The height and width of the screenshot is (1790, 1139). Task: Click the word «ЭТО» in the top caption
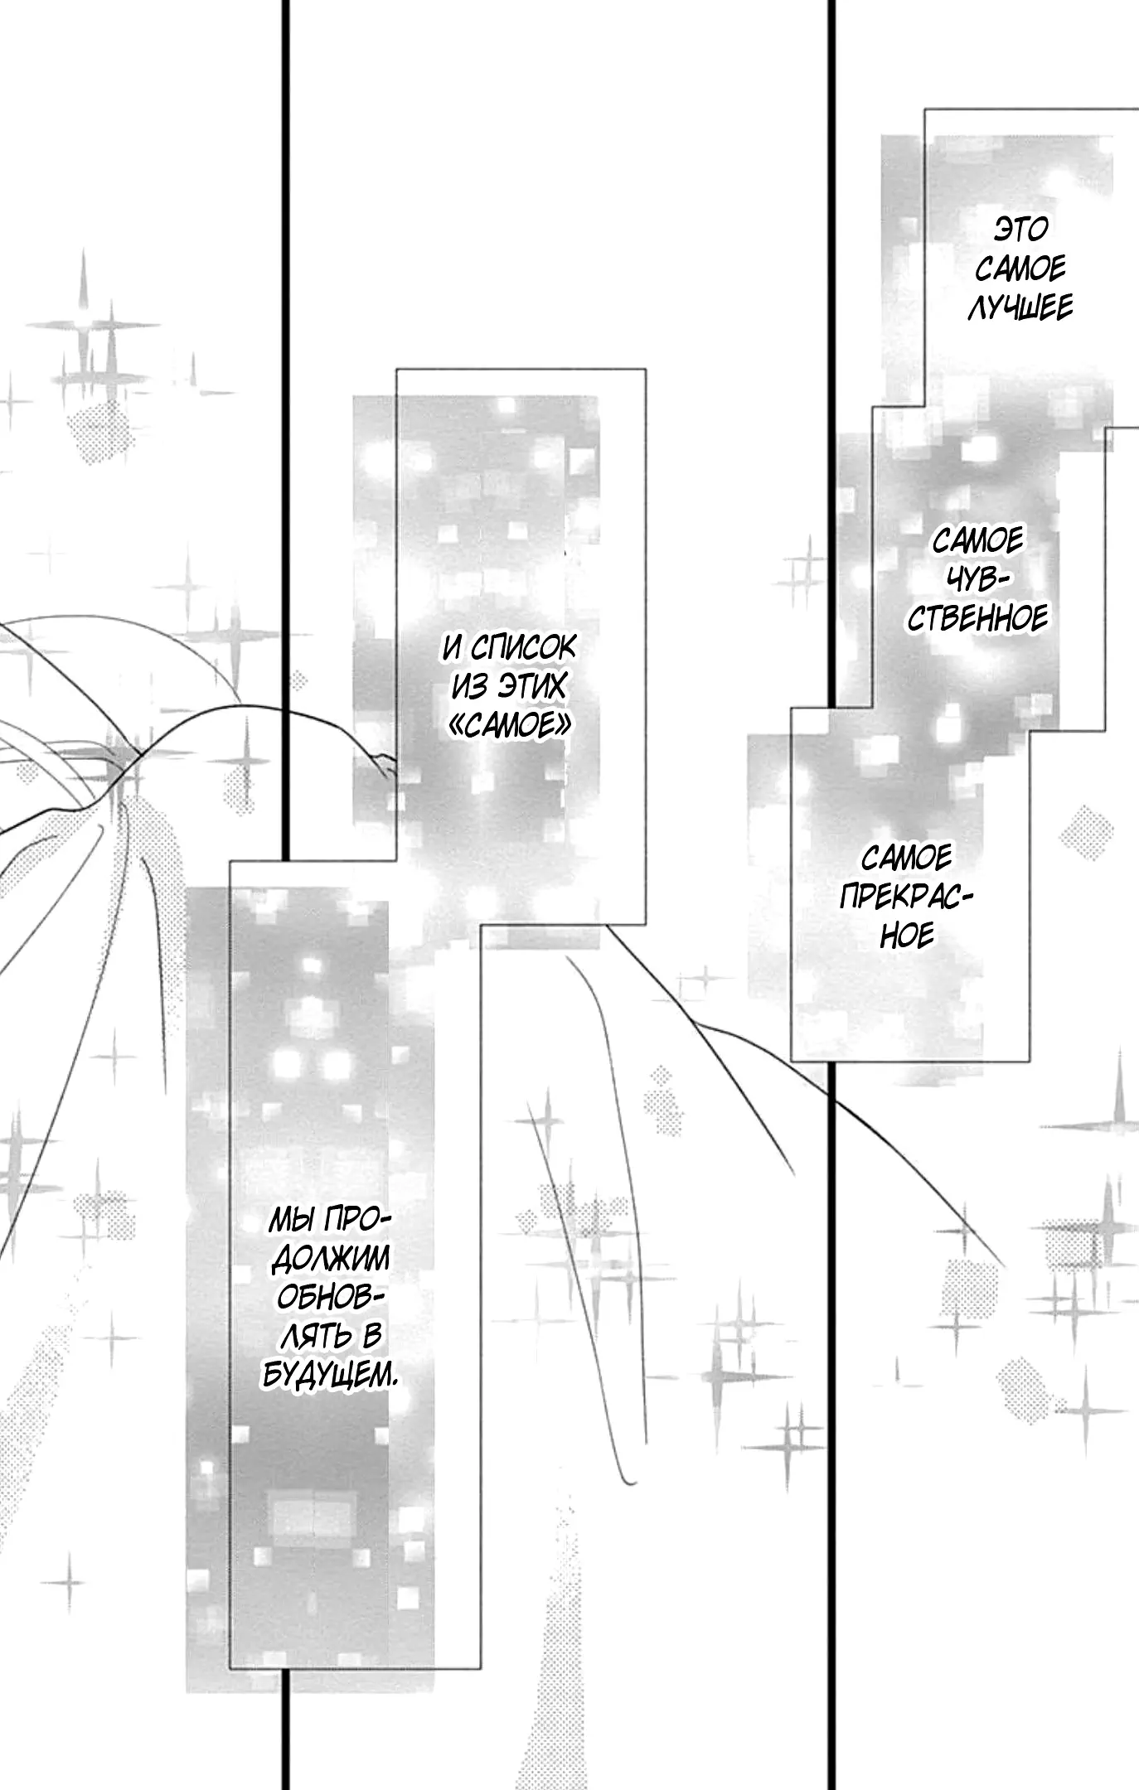[x=1020, y=229]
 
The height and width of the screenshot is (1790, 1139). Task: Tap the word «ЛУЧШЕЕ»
[x=1020, y=307]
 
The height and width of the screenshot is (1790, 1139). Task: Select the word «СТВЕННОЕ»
[x=978, y=618]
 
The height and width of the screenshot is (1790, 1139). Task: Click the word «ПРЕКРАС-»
[x=906, y=897]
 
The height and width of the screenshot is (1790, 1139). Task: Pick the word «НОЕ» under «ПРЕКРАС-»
[x=907, y=936]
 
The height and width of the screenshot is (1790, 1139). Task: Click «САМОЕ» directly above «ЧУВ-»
[x=978, y=541]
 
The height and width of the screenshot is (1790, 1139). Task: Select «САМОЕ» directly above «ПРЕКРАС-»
[x=907, y=857]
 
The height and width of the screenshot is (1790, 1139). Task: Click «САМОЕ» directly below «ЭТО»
[x=1020, y=268]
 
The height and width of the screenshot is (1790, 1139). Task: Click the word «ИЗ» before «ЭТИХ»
[x=469, y=687]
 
